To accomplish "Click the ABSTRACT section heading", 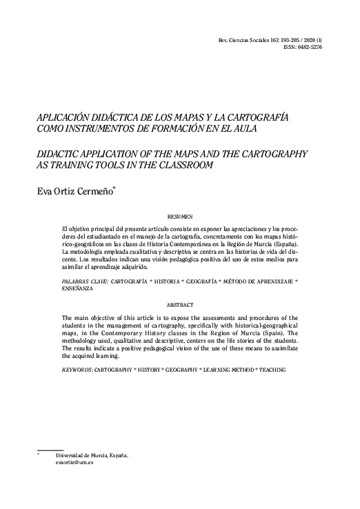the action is pos(180,303).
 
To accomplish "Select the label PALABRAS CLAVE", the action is pos(83,281).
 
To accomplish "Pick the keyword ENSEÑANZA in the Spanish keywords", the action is pos(79,289).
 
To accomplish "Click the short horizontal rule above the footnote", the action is pos(49,448).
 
